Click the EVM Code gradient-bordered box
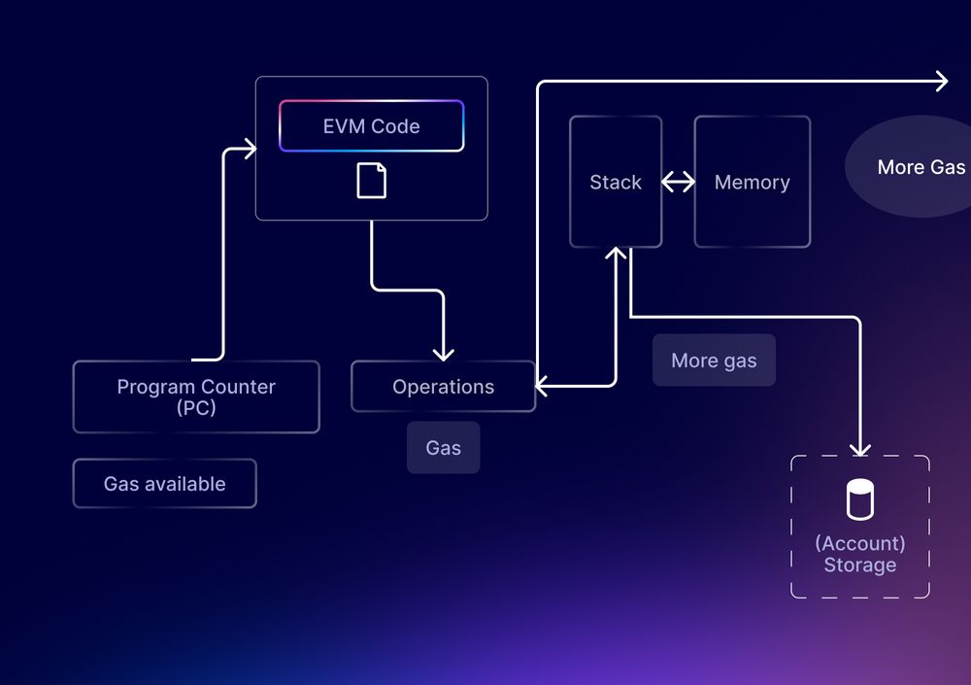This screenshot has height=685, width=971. click(371, 126)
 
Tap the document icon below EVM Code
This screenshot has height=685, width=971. click(371, 181)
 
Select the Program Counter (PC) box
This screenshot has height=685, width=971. click(196, 396)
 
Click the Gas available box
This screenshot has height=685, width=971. click(164, 484)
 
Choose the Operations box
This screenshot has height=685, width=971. click(443, 387)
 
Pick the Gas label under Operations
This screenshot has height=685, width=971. click(443, 448)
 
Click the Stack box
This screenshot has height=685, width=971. click(616, 182)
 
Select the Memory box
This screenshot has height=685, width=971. click(752, 182)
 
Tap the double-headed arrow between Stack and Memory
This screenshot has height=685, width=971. click(678, 182)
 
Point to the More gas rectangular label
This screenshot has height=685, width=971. click(714, 360)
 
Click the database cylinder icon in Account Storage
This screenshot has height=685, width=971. click(859, 499)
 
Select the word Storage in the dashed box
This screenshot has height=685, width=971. click(859, 565)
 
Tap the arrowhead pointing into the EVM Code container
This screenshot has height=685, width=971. click(250, 149)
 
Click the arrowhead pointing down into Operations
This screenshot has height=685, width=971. click(443, 353)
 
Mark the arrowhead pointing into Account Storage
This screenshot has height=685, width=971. click(859, 448)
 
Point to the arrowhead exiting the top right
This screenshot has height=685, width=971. click(940, 82)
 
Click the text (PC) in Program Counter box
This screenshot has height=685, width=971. click(196, 408)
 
